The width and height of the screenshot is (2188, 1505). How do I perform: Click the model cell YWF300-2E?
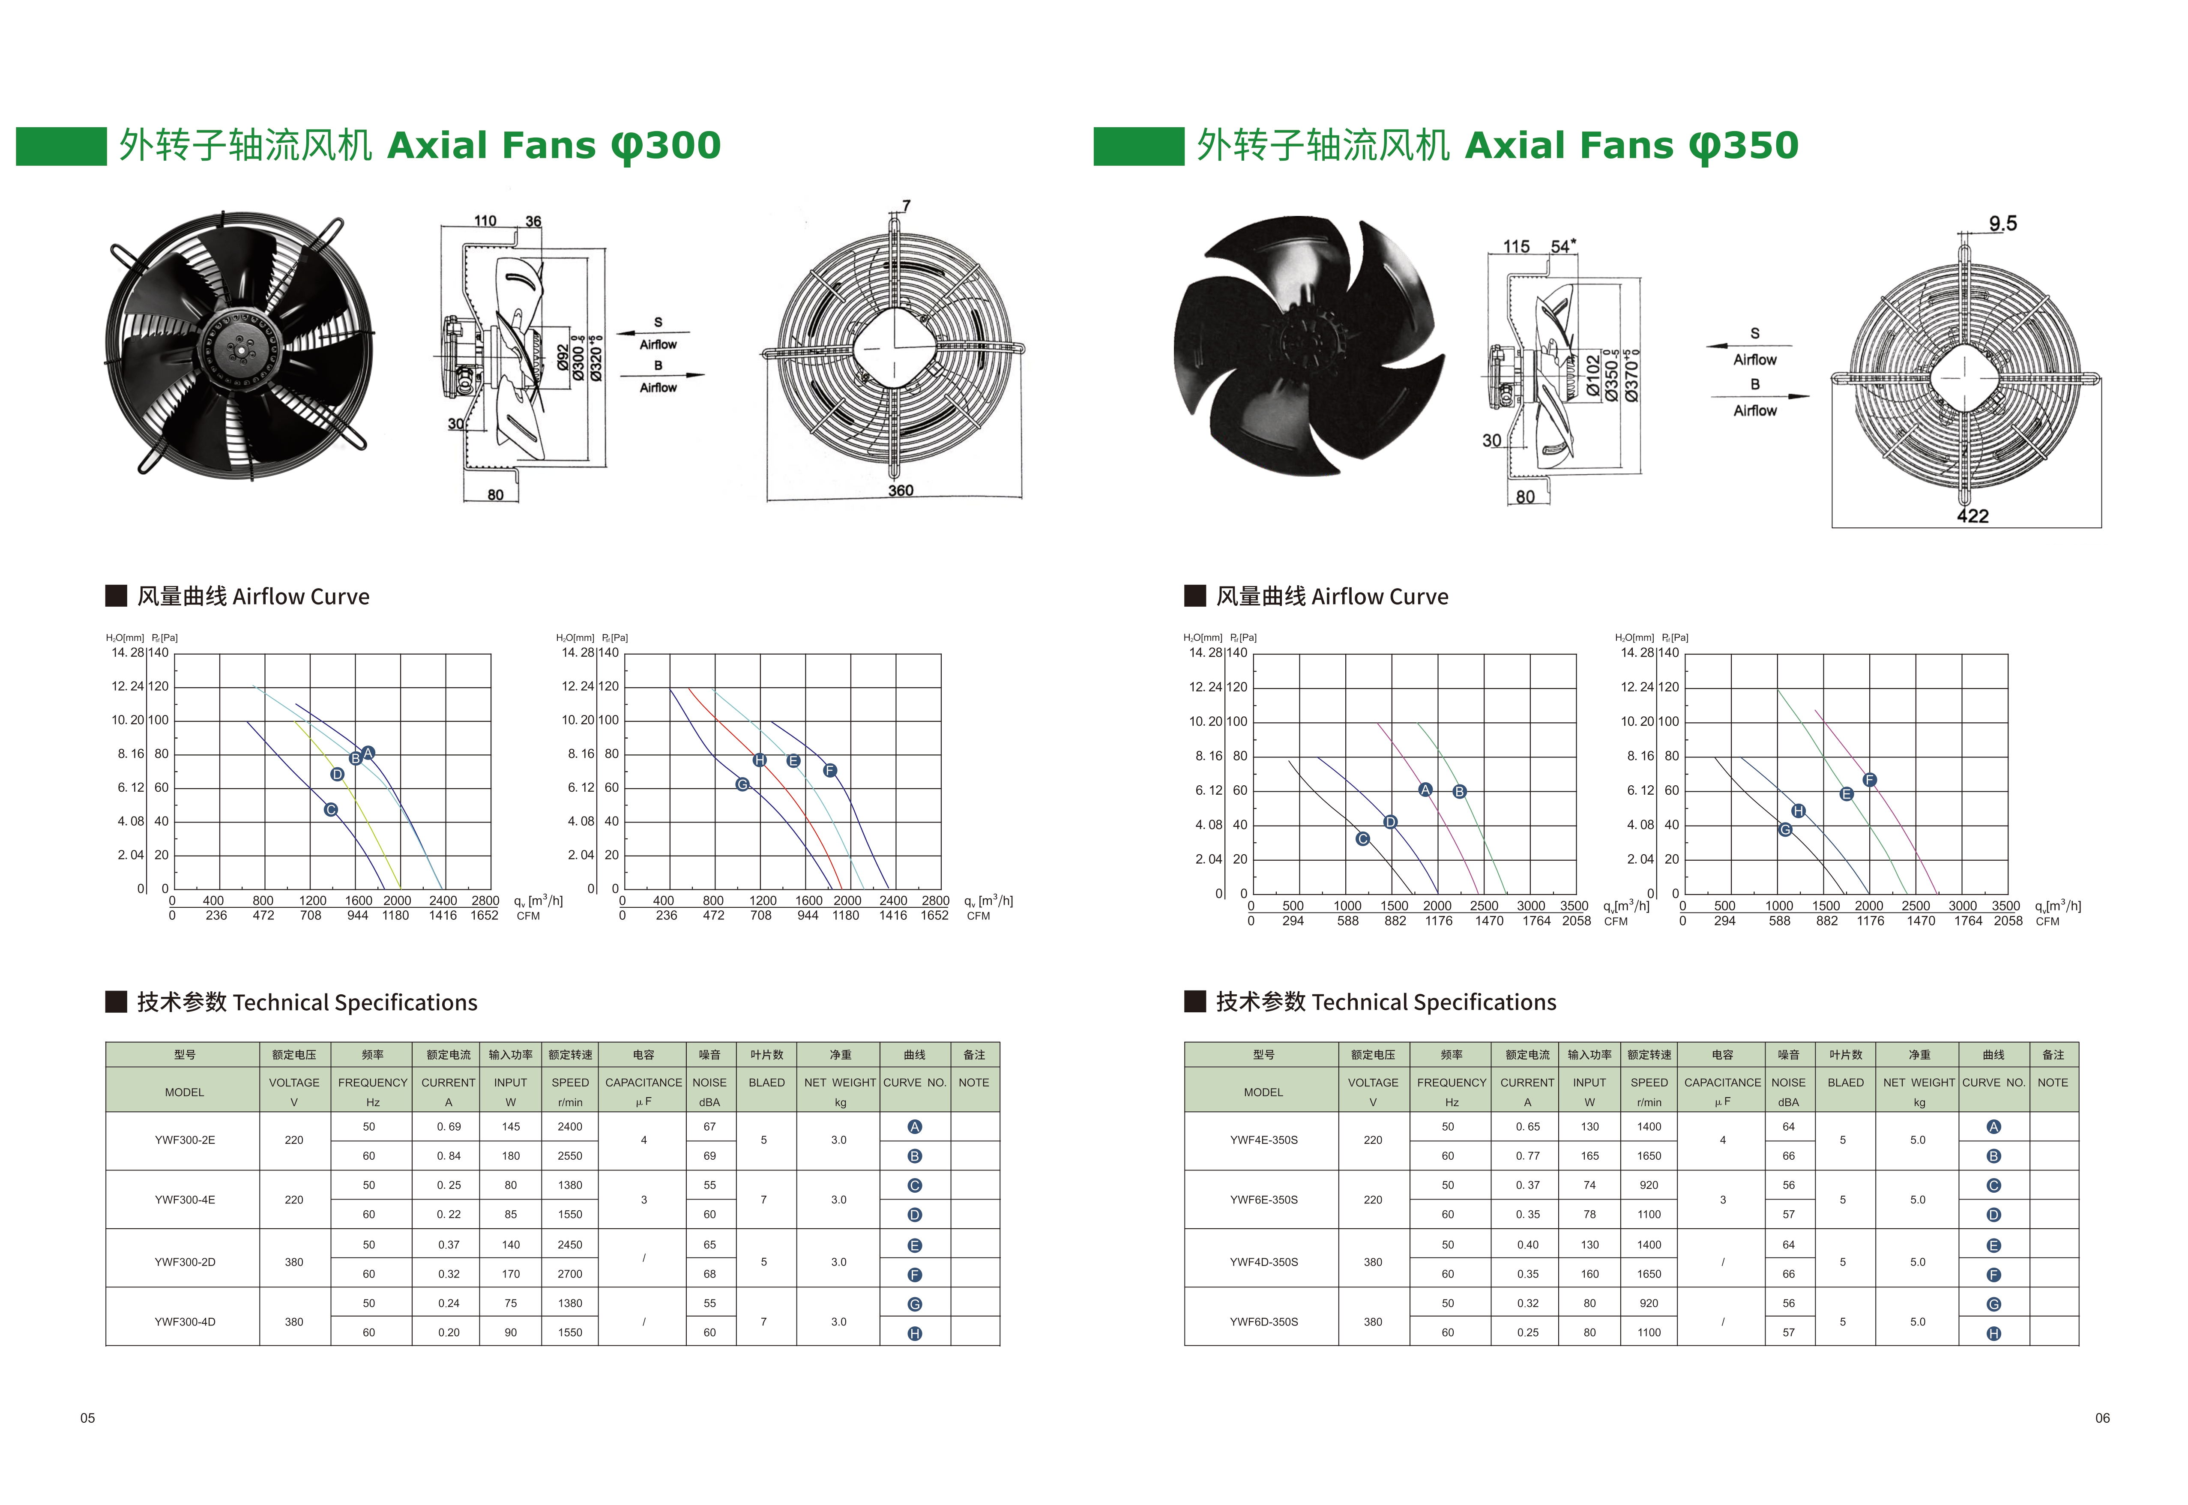[x=185, y=1140]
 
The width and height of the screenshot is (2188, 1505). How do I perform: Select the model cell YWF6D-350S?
[x=1264, y=1322]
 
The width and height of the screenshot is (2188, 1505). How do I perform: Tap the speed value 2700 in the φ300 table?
[x=570, y=1274]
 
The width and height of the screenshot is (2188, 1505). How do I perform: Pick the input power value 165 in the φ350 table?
[x=1590, y=1156]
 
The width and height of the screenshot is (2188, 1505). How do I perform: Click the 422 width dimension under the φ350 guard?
[x=1972, y=516]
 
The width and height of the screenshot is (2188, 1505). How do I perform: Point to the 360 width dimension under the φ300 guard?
[x=901, y=491]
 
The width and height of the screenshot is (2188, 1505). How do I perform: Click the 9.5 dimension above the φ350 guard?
[x=2003, y=224]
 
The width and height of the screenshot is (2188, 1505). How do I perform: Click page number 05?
[x=88, y=1418]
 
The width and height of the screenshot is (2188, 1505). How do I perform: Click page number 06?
[x=2102, y=1418]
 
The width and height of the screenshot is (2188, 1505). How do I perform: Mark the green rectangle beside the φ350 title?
[x=1138, y=146]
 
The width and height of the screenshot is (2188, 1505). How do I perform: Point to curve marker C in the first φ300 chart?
[x=331, y=810]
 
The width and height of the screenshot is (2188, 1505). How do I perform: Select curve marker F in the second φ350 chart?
[x=1869, y=780]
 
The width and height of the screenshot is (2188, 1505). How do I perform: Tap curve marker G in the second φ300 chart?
[x=742, y=784]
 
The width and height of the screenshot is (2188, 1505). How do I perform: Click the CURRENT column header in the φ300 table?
[x=448, y=1083]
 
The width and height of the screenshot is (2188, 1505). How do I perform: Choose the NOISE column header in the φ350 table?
[x=1788, y=1083]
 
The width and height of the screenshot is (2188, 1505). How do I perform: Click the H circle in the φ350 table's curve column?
[x=1994, y=1333]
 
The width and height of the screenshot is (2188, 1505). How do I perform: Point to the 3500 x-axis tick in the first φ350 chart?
[x=1574, y=905]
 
